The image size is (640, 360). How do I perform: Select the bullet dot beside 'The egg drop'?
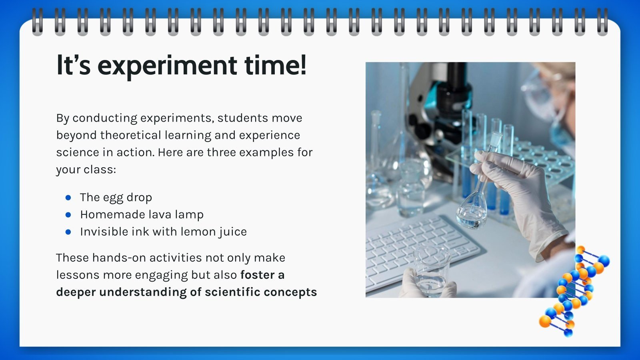[x=68, y=198]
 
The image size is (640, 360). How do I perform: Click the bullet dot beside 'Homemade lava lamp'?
[x=68, y=214]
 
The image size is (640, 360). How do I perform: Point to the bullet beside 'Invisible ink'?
[x=68, y=232]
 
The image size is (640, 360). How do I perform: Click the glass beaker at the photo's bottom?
[x=432, y=272]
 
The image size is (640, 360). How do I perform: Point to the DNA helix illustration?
[x=574, y=292]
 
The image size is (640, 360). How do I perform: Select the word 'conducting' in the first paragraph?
[x=105, y=118]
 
